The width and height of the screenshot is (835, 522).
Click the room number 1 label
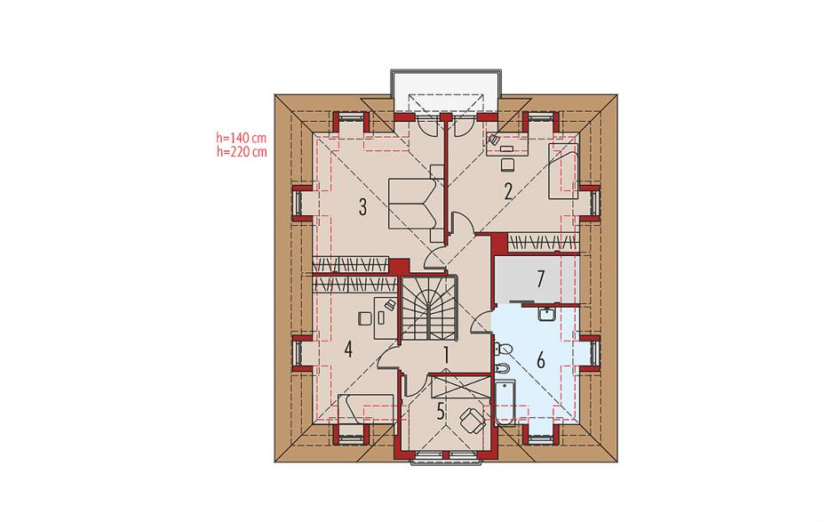coord(446,355)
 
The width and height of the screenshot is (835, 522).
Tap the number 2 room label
coord(508,191)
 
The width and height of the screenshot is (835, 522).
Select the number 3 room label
coord(362,207)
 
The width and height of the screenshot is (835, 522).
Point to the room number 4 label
coord(348,350)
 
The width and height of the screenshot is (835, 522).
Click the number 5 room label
coord(441,412)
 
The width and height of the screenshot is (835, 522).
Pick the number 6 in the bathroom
coord(541,361)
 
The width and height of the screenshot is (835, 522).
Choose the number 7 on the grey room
coord(541,279)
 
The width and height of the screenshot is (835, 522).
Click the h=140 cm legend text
coord(242,138)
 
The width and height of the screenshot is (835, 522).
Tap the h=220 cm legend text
coord(242,151)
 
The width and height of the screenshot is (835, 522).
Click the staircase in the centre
coord(429,309)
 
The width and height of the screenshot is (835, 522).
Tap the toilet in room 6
coord(504,349)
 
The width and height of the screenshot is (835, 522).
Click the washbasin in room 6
coord(547,315)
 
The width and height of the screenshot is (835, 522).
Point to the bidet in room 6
coord(503,368)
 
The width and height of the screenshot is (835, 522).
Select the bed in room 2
coord(563,171)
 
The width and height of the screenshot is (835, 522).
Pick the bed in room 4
coord(366,409)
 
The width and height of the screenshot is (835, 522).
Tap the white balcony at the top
coord(446,91)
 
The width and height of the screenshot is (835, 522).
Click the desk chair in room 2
coord(507,164)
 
